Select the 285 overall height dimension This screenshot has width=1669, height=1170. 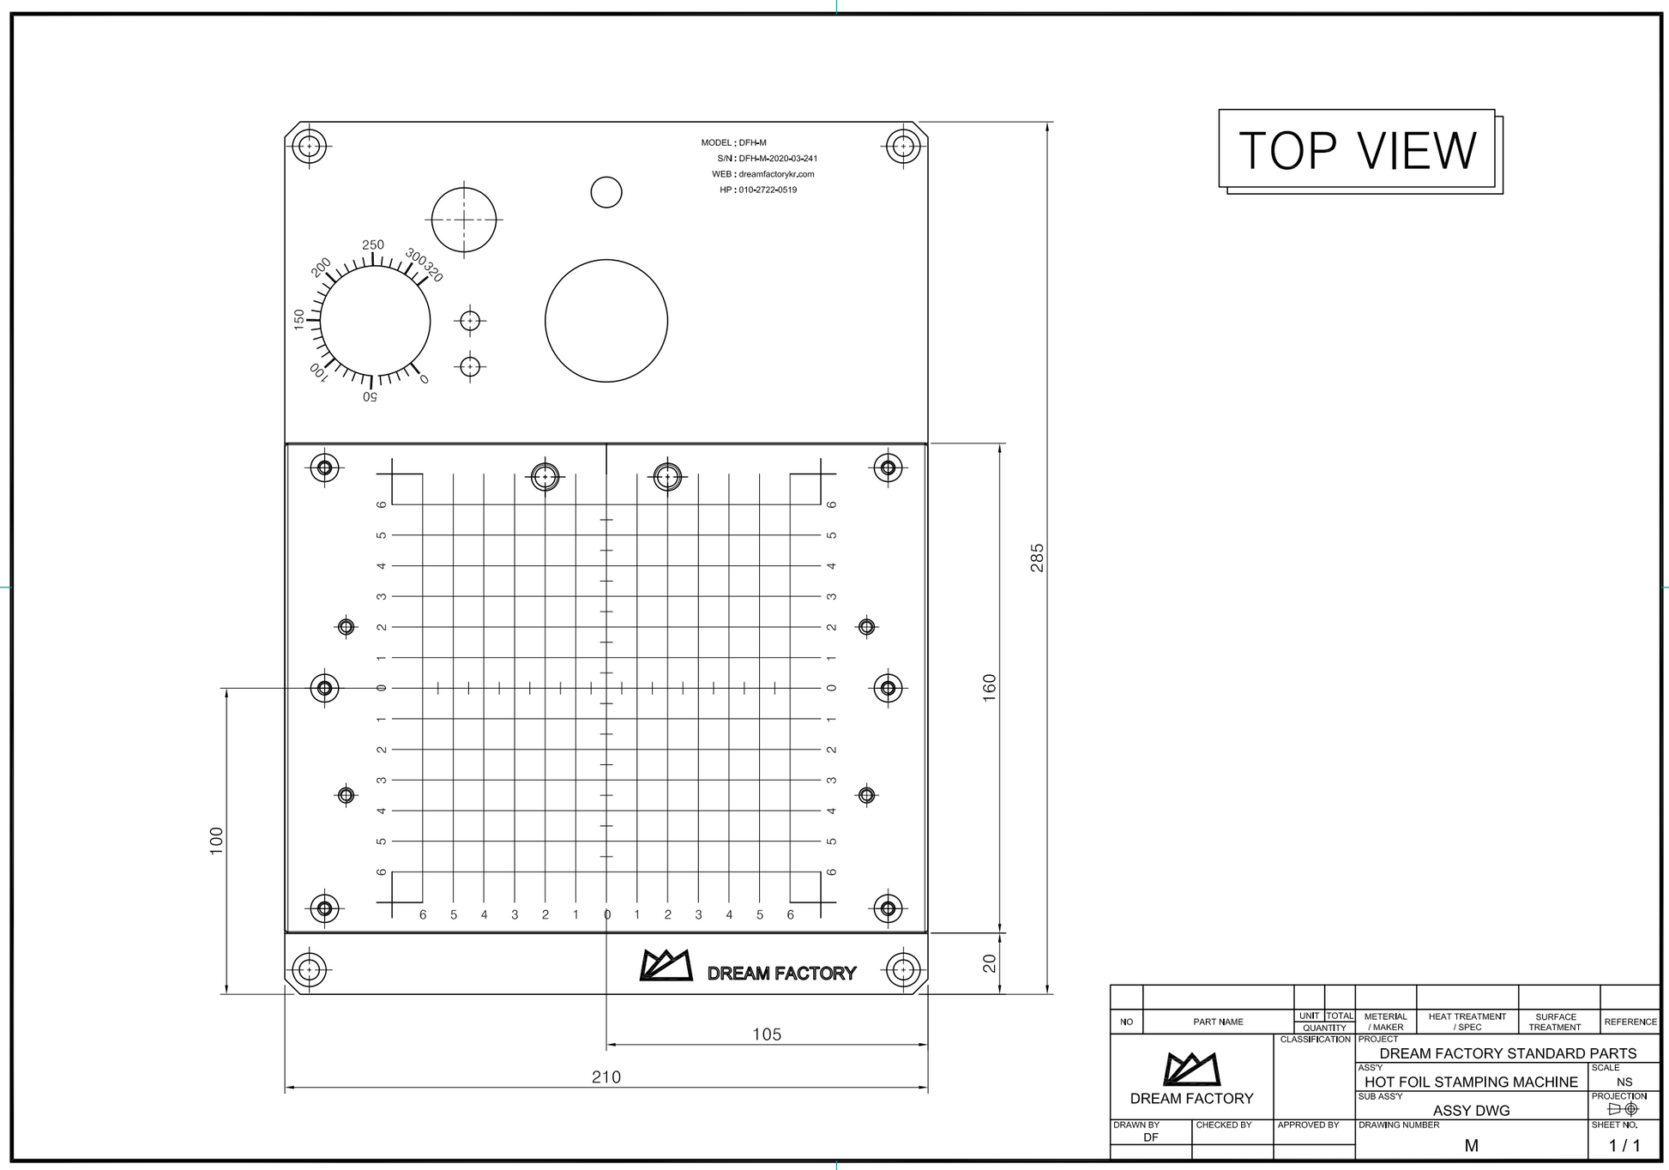pos(1038,558)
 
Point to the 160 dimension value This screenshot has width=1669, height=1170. pos(990,688)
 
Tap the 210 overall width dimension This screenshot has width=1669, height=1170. pos(606,1077)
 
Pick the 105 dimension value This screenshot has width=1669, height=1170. pos(767,1034)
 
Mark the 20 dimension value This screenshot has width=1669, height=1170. pos(990,963)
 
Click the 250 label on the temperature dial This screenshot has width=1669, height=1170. pos(373,245)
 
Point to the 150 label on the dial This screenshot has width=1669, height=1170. pos(299,320)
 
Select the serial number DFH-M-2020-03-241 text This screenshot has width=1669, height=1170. pos(778,159)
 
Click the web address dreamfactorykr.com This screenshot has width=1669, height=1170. pos(776,174)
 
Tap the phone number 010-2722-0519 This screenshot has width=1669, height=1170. pos(768,190)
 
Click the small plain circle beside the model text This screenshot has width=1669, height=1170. pos(606,192)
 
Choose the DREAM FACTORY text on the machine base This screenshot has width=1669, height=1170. pos(781,974)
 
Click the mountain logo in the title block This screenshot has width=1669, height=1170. pos(1191,1069)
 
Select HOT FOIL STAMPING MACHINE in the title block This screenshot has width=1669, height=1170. pos(1471,1083)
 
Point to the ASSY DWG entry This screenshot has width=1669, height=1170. pos(1471,1111)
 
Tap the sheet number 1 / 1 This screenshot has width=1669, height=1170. pos(1624,1146)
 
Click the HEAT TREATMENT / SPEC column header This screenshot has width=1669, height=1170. pos(1467,1022)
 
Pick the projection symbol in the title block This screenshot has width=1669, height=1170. pos(1623,1109)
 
